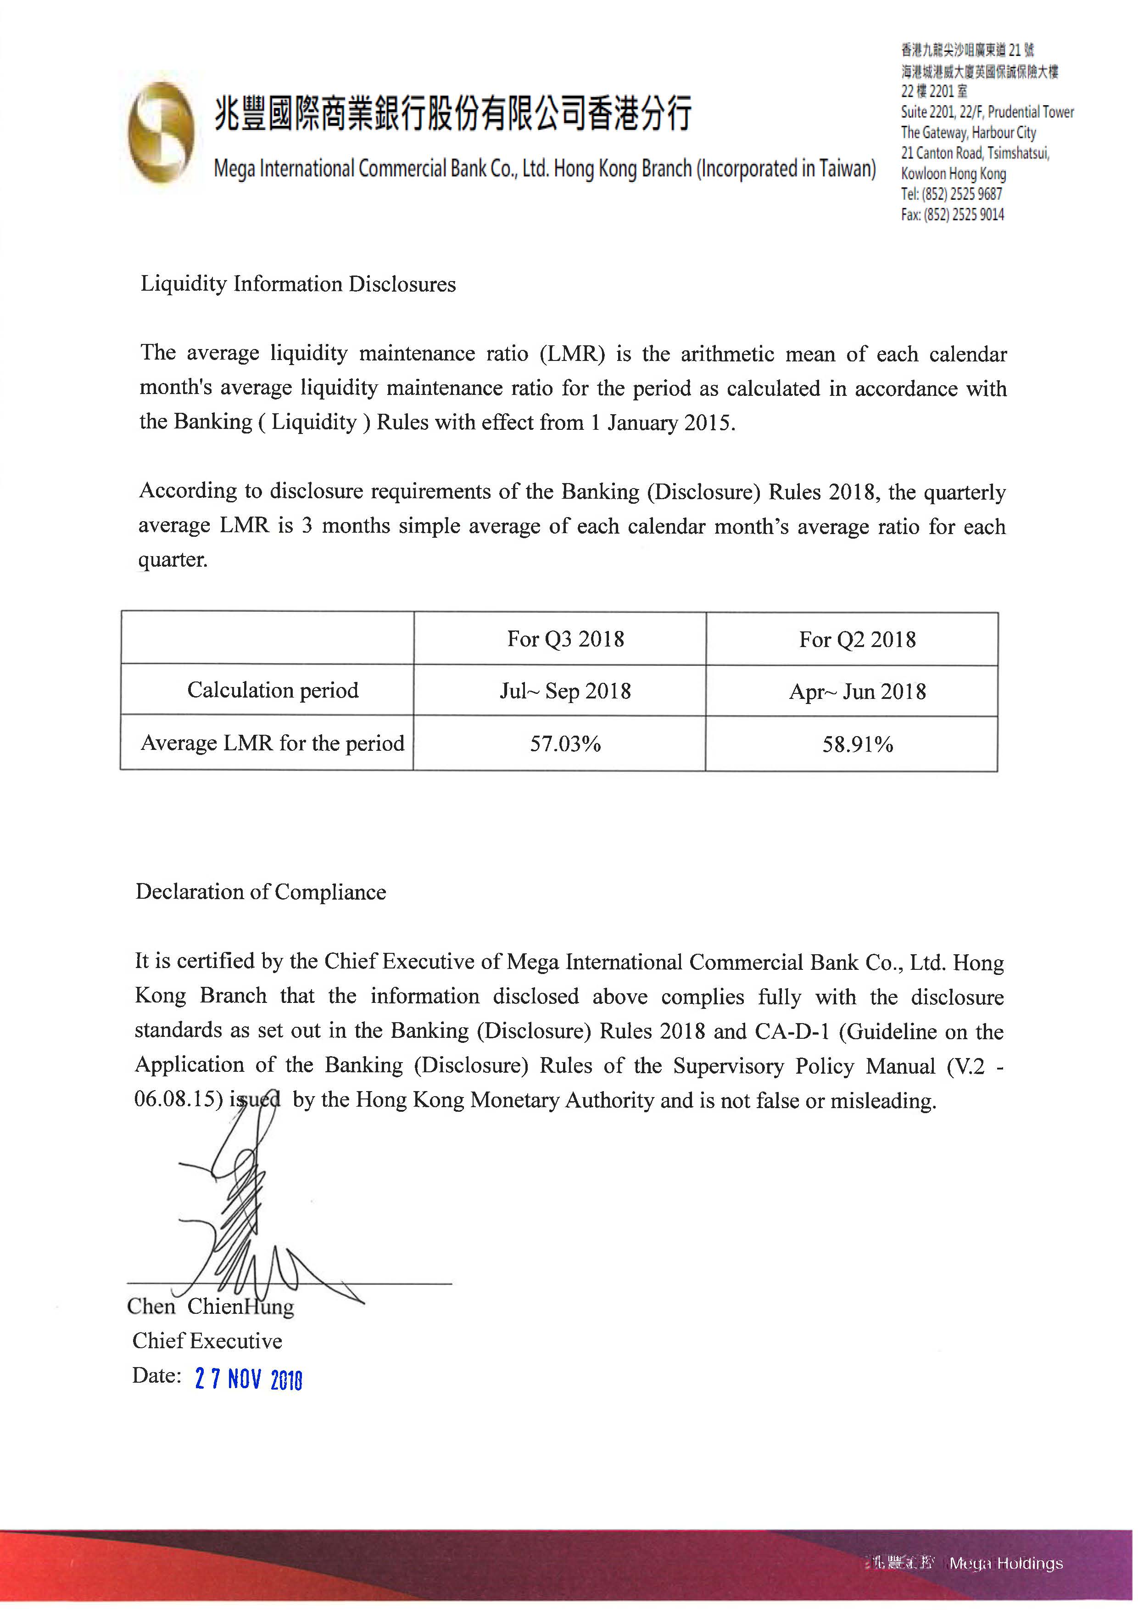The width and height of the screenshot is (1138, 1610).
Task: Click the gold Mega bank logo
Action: coord(161,132)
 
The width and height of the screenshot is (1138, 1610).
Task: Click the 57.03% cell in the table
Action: coord(565,743)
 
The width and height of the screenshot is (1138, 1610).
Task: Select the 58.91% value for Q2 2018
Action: coord(857,744)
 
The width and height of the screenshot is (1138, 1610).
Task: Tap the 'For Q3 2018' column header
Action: coord(565,639)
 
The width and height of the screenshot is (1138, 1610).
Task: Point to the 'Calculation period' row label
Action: coord(273,690)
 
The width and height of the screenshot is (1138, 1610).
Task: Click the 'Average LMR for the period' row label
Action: coord(273,743)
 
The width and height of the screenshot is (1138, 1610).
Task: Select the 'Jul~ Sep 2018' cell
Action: coord(565,691)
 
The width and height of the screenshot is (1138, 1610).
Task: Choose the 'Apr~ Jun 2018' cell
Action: coord(857,692)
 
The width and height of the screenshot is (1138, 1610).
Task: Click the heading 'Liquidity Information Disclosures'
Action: coord(298,284)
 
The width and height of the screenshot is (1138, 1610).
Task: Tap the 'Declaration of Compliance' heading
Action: coord(261,892)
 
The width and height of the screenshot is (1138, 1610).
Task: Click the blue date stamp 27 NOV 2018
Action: coord(248,1379)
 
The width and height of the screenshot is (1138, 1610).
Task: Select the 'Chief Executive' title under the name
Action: coord(207,1341)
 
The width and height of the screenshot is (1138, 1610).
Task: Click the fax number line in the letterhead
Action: coord(952,214)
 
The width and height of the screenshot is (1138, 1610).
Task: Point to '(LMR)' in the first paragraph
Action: coord(572,354)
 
